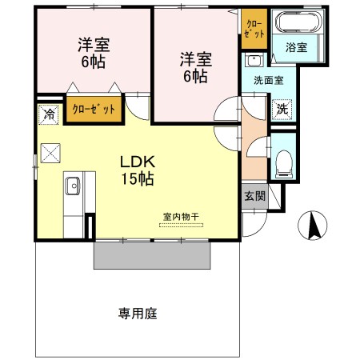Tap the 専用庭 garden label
[x=138, y=313]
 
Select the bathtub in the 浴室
[x=296, y=23]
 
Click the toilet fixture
[x=282, y=164]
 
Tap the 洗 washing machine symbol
[x=282, y=110]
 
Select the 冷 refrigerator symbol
[x=49, y=114]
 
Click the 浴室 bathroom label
[x=296, y=48]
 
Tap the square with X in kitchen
[x=51, y=152]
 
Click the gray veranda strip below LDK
[x=153, y=255]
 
